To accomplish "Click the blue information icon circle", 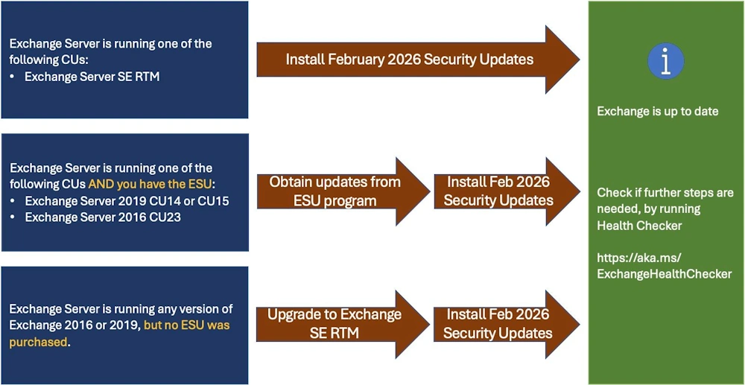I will click(666, 61).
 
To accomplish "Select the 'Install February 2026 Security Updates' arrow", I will click(409, 60).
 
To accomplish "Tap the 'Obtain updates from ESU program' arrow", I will click(335, 191).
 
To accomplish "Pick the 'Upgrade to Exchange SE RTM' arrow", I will click(335, 323).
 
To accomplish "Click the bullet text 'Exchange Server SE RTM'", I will click(92, 76).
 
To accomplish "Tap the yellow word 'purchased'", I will click(38, 342).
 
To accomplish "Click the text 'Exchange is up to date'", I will click(657, 111).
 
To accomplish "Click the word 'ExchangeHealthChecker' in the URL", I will click(664, 274).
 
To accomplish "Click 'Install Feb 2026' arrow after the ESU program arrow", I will click(498, 191).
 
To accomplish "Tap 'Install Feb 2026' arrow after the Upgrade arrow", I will click(498, 323).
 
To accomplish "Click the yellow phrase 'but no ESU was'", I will click(186, 325).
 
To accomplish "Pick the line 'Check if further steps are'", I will click(665, 192).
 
